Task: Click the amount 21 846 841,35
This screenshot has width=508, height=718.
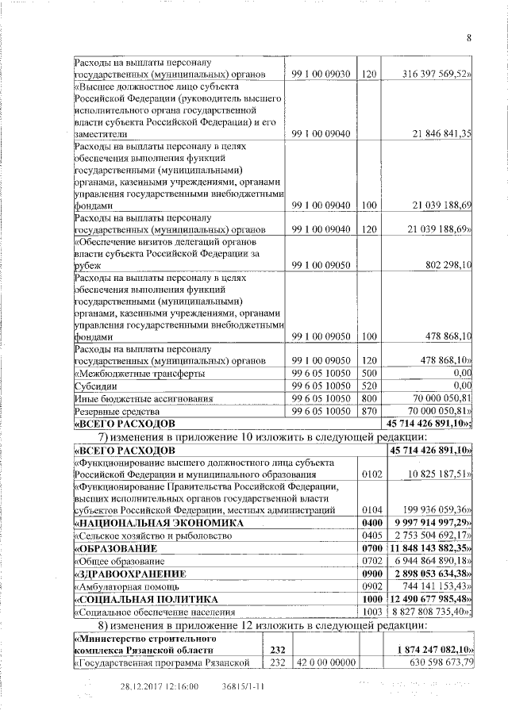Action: (436, 134)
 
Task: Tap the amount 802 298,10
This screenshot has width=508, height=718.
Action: (442, 265)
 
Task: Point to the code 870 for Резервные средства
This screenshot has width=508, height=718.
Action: (368, 411)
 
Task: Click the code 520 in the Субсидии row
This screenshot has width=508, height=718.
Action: (368, 386)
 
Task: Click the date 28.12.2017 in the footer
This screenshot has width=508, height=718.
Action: (143, 687)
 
